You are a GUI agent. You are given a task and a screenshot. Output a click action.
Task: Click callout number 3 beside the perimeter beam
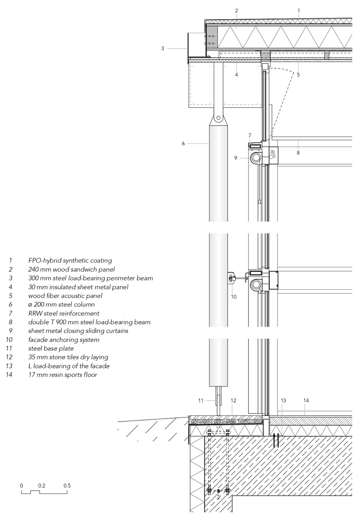tap(163, 48)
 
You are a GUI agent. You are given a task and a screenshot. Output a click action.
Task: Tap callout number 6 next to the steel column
tap(183, 143)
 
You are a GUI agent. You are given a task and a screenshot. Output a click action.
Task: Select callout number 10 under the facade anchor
tap(234, 297)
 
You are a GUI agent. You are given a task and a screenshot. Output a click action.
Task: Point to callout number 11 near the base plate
tap(201, 401)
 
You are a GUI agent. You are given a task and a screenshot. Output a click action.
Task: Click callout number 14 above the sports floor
tap(306, 401)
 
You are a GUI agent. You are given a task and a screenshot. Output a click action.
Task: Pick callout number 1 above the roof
tap(298, 11)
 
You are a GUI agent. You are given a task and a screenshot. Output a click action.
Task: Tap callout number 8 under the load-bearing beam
tap(298, 153)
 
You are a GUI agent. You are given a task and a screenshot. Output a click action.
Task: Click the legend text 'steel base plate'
tap(51, 348)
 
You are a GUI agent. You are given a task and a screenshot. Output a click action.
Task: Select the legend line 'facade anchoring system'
tap(63, 340)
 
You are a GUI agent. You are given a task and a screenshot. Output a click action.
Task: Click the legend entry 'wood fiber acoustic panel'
tap(65, 296)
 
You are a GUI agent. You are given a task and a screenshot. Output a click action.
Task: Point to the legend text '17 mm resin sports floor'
tap(62, 375)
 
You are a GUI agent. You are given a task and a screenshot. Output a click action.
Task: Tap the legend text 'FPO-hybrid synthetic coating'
tap(70, 260)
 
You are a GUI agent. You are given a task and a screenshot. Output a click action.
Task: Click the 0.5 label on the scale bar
tap(67, 485)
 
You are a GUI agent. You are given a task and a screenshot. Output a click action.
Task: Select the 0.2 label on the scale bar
tap(42, 485)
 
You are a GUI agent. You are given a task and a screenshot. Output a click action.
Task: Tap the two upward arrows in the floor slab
tap(276, 439)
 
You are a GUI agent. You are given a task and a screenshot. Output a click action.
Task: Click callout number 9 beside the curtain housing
tap(236, 158)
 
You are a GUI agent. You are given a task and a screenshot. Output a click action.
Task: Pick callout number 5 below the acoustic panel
tap(298, 75)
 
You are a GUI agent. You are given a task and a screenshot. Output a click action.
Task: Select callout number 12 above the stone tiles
tap(233, 401)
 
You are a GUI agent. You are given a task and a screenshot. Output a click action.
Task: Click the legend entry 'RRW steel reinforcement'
tap(63, 313)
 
